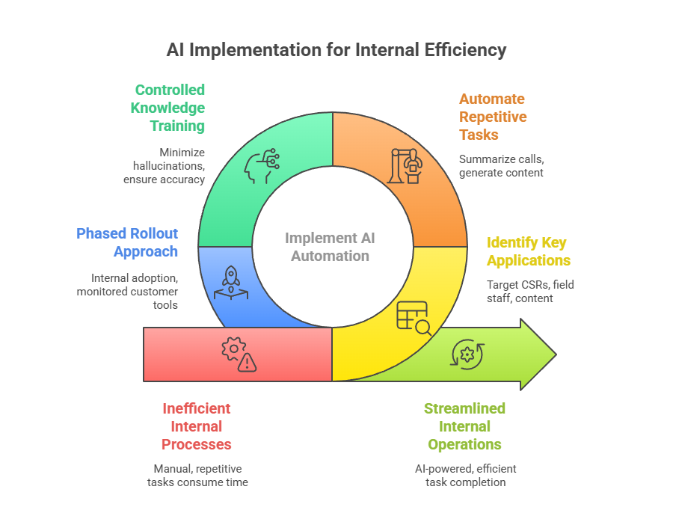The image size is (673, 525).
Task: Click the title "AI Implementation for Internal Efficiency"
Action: tap(336, 50)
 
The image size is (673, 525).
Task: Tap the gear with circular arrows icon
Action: tap(467, 354)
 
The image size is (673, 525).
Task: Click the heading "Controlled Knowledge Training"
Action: tap(169, 108)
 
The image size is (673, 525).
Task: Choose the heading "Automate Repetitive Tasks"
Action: tap(492, 117)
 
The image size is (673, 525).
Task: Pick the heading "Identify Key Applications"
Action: tap(528, 251)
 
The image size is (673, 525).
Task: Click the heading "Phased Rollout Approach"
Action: tap(128, 242)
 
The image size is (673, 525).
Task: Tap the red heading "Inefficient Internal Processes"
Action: tap(197, 426)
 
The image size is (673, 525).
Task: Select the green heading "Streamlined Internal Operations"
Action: tap(464, 426)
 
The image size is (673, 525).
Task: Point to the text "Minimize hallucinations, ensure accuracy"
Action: tap(165, 165)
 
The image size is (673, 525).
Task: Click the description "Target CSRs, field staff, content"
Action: tap(530, 291)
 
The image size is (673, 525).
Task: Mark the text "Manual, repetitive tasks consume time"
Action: tap(197, 475)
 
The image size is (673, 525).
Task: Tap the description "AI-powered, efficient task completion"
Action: tap(465, 475)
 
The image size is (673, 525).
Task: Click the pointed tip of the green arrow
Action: tap(555, 354)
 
